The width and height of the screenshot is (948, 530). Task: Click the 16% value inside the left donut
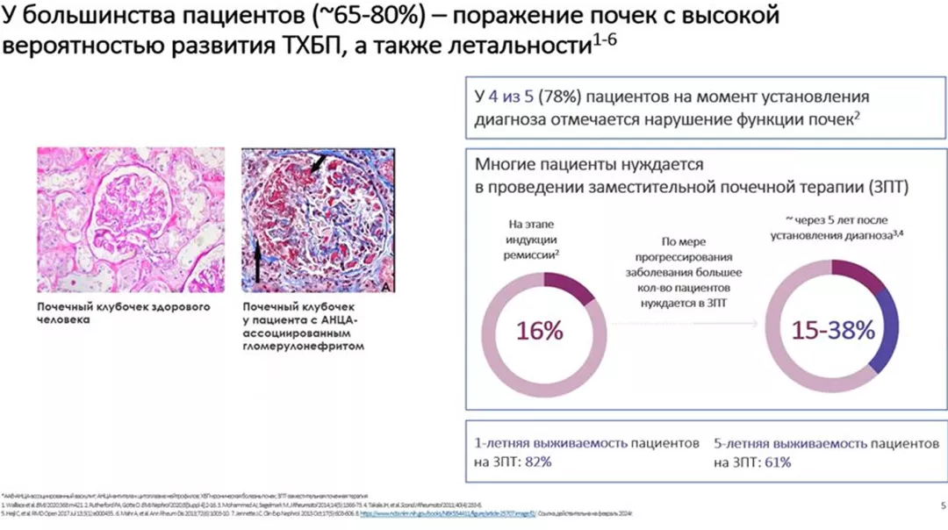pos(540,332)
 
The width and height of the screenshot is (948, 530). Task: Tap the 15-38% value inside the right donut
pos(833,331)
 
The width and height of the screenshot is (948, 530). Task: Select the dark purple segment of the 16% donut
pos(571,286)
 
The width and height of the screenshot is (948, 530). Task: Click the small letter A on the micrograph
pos(387,286)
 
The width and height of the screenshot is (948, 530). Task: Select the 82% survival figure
pos(537,462)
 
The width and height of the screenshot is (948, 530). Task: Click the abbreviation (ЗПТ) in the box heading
pos(883,187)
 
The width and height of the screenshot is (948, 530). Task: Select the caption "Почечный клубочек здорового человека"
pos(123,313)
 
